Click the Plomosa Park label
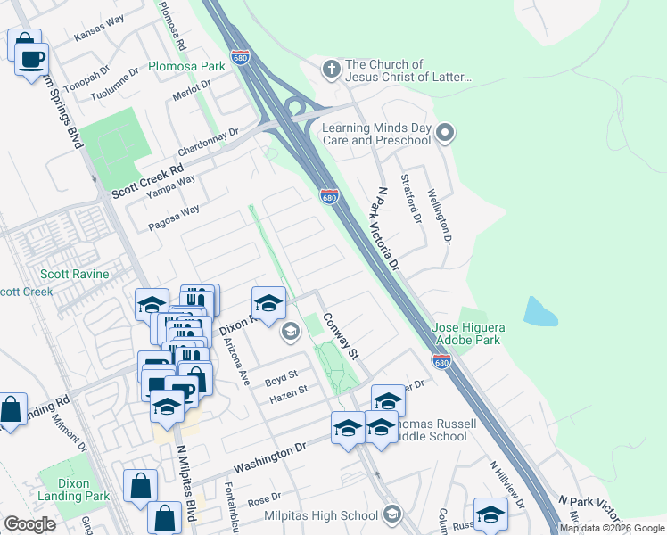pyautogui.click(x=186, y=66)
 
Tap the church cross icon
pyautogui.click(x=331, y=69)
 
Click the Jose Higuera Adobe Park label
pyautogui.click(x=469, y=334)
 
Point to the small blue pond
pyautogui.click(x=539, y=311)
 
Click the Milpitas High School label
pyautogui.click(x=321, y=515)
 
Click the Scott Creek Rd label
pyautogui.click(x=147, y=181)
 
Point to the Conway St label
pyautogui.click(x=341, y=336)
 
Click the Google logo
pyautogui.click(x=29, y=524)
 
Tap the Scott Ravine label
pyautogui.click(x=74, y=275)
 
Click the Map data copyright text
pyautogui.click(x=612, y=528)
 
